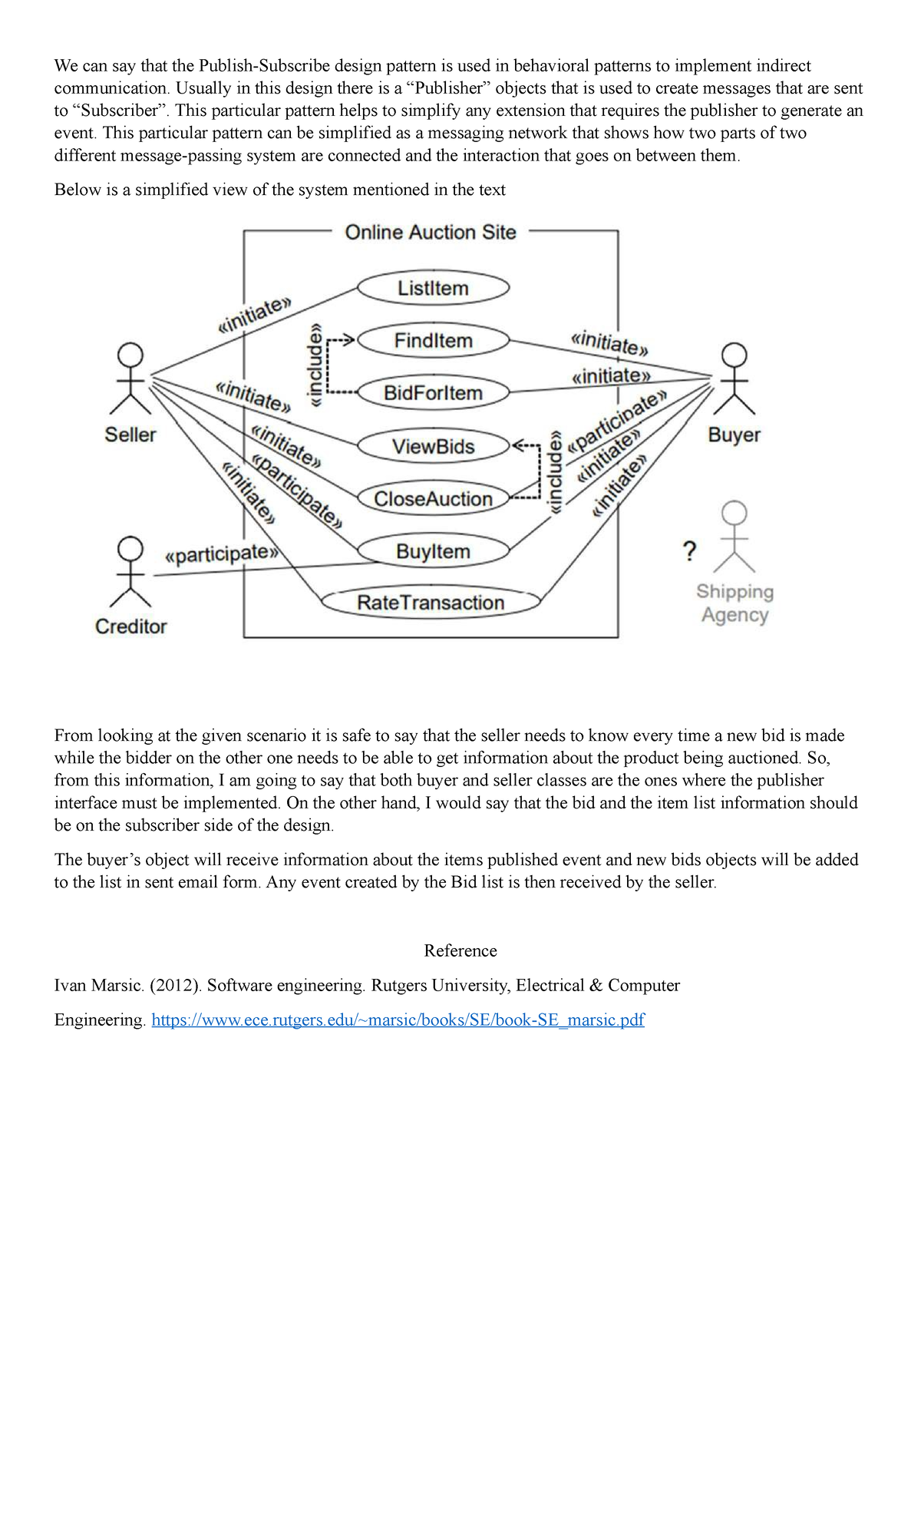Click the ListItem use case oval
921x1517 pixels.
pos(433,289)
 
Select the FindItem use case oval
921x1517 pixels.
pos(433,341)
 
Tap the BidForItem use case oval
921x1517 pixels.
pos(433,393)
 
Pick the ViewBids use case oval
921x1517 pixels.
pos(433,446)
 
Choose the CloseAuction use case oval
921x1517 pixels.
pos(433,499)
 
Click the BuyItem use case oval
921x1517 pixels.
pos(433,551)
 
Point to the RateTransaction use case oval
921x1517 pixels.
pos(431,603)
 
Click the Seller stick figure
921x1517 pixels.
pos(130,379)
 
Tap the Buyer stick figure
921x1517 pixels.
pos(735,379)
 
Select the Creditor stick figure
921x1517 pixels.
pos(130,572)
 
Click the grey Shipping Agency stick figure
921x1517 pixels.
pos(734,537)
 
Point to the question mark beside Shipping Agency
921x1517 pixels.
pos(689,550)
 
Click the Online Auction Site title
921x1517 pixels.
pos(431,233)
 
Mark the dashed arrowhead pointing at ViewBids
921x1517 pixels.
pos(518,445)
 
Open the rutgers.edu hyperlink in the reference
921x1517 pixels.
pos(398,1020)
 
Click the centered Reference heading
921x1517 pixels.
pos(460,950)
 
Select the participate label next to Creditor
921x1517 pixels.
pos(220,554)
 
